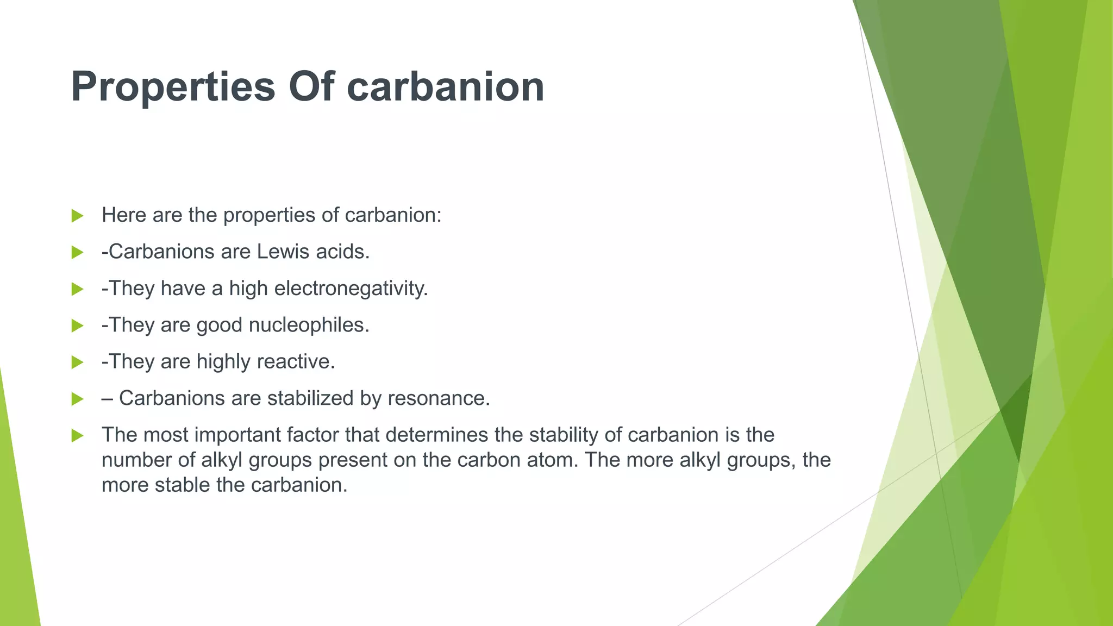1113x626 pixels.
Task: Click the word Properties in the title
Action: click(x=173, y=87)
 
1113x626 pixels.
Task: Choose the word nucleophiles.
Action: click(x=309, y=325)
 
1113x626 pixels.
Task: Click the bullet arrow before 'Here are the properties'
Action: click(x=77, y=216)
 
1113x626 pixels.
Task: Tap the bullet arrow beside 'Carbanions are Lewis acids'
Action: click(x=77, y=252)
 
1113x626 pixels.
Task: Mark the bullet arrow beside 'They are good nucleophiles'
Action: click(x=77, y=325)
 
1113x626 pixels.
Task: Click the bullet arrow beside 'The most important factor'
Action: click(x=77, y=435)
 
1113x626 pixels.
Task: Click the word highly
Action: click(x=223, y=361)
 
